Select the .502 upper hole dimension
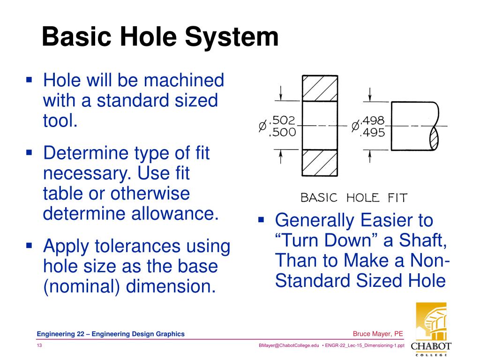[284, 121]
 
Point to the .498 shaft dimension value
[373, 121]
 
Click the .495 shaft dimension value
[372, 133]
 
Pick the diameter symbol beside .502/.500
[262, 127]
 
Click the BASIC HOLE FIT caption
[354, 197]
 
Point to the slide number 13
[40, 345]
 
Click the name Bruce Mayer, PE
[378, 334]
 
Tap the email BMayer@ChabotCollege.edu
[289, 345]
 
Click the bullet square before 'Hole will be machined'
[29, 80]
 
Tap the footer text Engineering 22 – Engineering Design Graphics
[111, 334]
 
